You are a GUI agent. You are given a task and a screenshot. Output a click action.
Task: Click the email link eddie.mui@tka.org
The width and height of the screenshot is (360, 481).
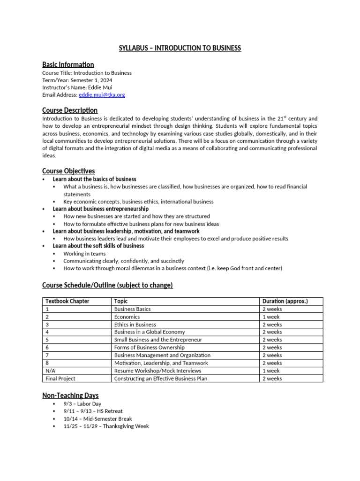click(102, 95)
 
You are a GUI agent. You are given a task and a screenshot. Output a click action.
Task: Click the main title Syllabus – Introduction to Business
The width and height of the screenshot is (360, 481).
click(180, 48)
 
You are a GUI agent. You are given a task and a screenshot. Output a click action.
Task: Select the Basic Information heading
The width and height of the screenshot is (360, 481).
click(68, 65)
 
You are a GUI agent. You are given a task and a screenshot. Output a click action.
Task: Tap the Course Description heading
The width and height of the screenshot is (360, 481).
click(70, 110)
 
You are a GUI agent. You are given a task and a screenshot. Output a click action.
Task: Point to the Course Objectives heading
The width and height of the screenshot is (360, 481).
click(68, 171)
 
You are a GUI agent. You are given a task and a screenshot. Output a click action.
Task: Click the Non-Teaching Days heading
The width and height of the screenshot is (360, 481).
click(70, 396)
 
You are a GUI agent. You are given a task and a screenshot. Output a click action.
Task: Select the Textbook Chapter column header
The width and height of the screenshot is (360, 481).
click(67, 302)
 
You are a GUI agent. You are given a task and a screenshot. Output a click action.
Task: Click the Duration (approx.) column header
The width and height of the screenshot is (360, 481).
click(285, 302)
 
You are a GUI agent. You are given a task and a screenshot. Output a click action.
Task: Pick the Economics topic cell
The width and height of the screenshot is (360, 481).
click(127, 317)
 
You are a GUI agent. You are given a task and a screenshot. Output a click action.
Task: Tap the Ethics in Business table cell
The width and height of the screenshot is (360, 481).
click(135, 325)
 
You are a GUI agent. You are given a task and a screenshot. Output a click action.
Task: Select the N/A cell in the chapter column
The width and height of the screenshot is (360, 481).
click(50, 371)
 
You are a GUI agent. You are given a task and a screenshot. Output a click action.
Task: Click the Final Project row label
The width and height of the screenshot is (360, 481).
click(60, 379)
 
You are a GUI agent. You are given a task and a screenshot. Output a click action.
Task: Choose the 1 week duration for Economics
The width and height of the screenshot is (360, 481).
click(271, 317)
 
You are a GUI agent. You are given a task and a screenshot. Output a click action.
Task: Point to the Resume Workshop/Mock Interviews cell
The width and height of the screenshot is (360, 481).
click(157, 371)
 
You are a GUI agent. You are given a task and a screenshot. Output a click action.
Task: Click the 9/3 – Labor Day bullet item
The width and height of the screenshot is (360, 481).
click(82, 404)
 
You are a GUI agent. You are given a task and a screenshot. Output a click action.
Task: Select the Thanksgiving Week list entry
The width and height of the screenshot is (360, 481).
click(106, 427)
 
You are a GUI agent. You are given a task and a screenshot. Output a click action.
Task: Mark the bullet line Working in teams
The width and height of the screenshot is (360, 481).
click(84, 254)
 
